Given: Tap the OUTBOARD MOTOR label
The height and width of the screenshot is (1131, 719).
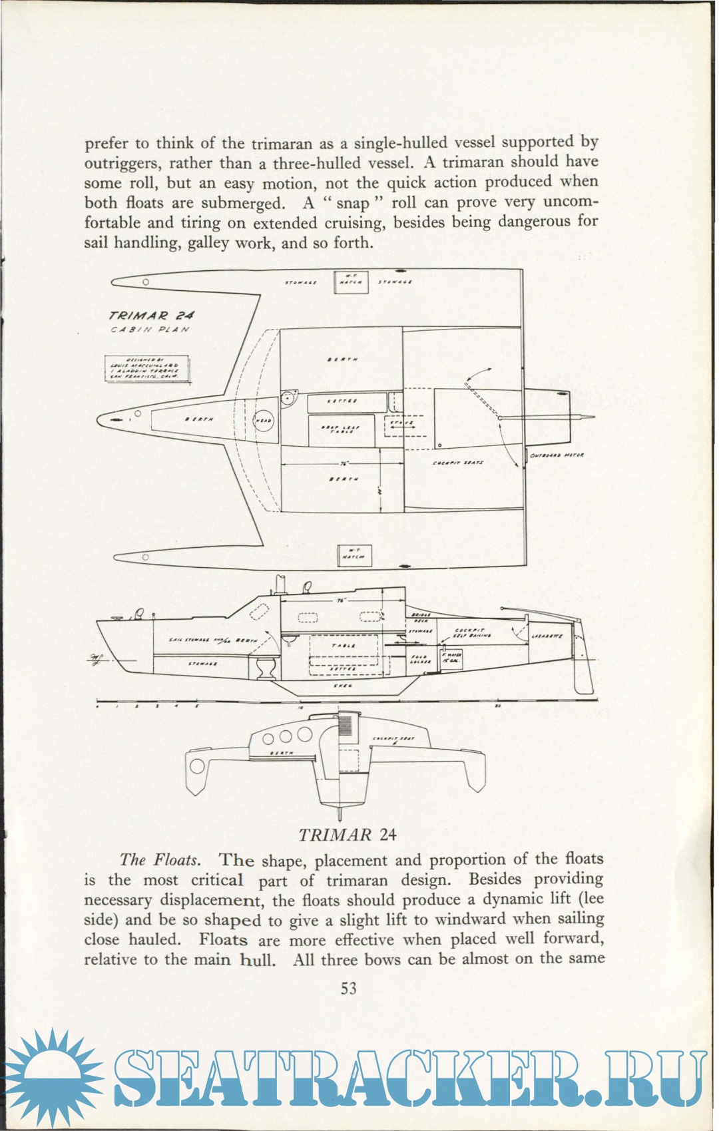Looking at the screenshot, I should coord(557,455).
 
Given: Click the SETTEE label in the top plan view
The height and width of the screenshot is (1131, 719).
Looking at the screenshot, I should coord(344,401).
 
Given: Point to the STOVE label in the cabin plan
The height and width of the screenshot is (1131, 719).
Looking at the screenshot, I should coord(402,423).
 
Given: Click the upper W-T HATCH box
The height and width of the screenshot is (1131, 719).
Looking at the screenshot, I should coord(351,282).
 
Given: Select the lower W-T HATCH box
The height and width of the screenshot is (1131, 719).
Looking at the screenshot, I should coord(355,555).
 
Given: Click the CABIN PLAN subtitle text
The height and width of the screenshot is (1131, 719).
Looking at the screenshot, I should coord(150,330).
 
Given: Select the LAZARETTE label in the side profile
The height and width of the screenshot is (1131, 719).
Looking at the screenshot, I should coord(547,636).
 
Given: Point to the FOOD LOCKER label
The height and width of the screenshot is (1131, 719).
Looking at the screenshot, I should coord(419,659).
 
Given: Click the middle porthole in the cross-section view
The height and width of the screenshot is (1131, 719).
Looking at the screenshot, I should coord(286,736).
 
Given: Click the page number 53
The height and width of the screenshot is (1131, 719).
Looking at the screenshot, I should coord(349,989).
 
